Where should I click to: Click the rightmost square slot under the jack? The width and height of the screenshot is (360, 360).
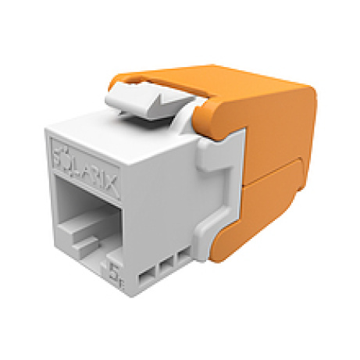pyautogui.click(x=184, y=258)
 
